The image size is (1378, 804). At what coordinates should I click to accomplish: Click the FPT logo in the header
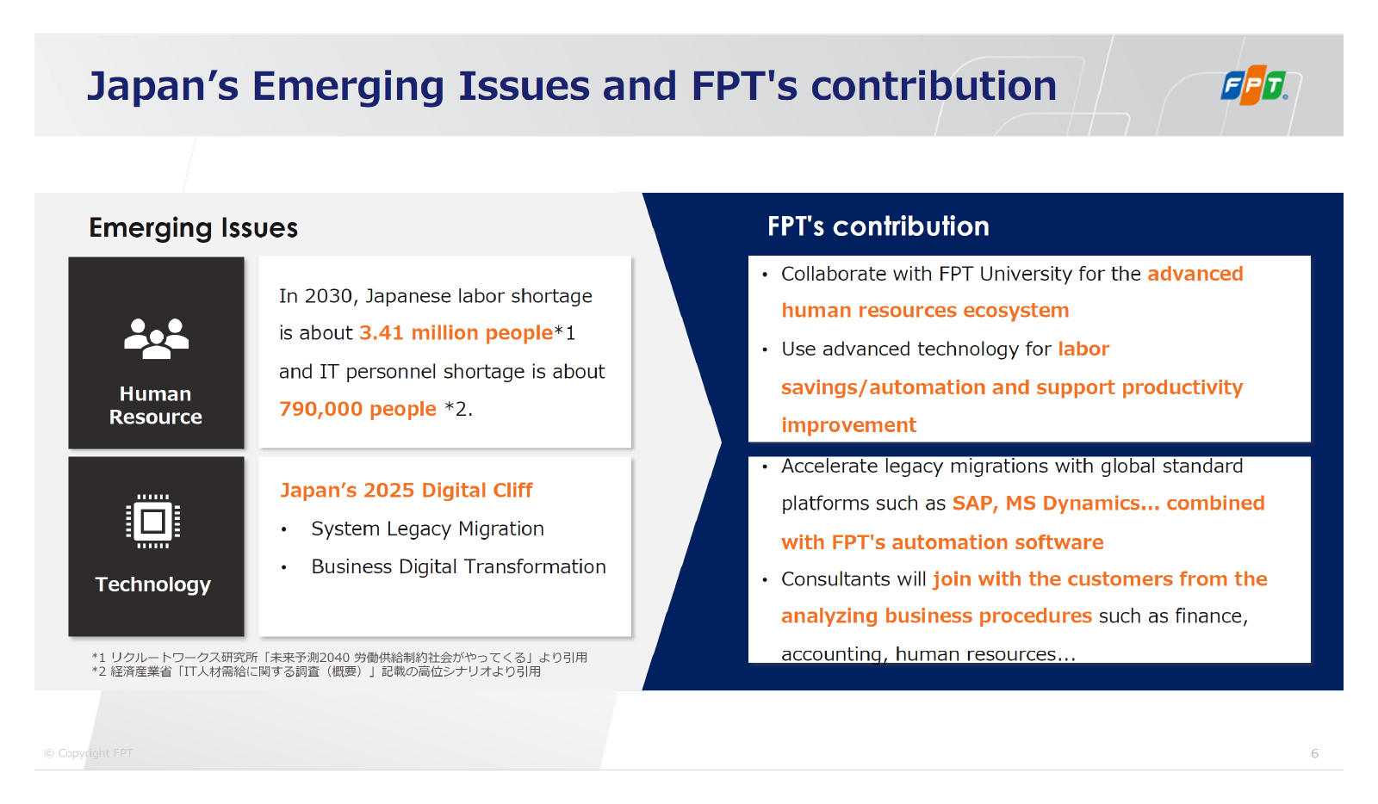(1254, 85)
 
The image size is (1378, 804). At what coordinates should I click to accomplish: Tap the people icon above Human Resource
(156, 338)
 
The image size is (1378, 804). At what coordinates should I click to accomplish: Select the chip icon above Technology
(153, 522)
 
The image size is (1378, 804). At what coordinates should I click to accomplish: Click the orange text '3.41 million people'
(456, 332)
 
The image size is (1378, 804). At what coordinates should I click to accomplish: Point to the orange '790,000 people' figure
(357, 409)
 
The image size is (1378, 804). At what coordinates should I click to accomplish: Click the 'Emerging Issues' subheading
(193, 228)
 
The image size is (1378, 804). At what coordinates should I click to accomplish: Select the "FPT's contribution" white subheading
(878, 226)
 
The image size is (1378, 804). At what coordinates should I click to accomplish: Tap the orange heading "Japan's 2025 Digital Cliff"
(406, 490)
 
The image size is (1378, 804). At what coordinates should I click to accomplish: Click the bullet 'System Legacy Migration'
(427, 529)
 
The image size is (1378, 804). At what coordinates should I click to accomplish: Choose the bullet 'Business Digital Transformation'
(458, 566)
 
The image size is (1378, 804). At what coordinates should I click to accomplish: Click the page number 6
(1314, 753)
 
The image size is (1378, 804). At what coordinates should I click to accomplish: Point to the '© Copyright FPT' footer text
(89, 753)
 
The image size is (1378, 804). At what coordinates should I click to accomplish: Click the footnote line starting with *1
(339, 657)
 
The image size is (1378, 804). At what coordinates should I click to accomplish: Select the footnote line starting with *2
(316, 671)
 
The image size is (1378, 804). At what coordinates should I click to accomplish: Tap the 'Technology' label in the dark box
(153, 584)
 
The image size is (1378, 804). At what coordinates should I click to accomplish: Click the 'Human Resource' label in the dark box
(156, 405)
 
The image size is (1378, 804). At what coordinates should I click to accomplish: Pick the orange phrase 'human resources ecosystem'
(925, 311)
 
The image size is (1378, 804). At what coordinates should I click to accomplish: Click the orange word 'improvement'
(849, 424)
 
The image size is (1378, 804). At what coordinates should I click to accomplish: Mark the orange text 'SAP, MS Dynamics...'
(1056, 503)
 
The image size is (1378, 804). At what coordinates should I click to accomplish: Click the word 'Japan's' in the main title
(163, 87)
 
